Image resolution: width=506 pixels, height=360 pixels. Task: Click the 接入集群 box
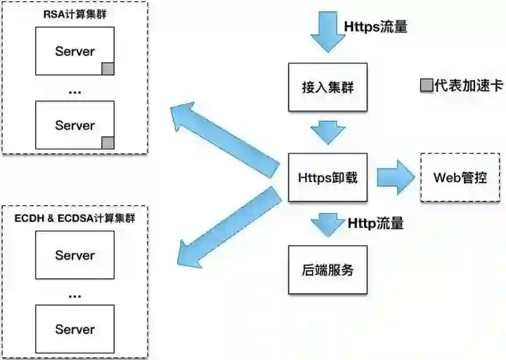pos(327,87)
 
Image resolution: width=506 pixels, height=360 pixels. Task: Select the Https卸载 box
pos(327,177)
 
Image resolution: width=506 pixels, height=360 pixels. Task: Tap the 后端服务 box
pos(327,269)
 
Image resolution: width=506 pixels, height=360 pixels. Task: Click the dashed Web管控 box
pos(460,177)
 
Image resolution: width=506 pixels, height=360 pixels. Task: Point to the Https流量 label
pos(376,27)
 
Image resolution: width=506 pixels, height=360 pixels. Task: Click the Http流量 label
pos(376,224)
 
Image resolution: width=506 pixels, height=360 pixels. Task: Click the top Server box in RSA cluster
pos(74,51)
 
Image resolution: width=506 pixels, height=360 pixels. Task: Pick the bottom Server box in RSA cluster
pos(74,125)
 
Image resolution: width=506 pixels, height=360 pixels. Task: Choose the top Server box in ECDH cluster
pos(74,255)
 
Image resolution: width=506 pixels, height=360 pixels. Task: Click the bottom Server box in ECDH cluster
pos(74,329)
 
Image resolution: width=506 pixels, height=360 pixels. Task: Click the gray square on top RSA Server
pos(108,68)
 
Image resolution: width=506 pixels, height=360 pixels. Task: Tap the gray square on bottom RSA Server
pos(108,143)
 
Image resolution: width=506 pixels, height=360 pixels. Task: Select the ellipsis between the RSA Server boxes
pos(74,90)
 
